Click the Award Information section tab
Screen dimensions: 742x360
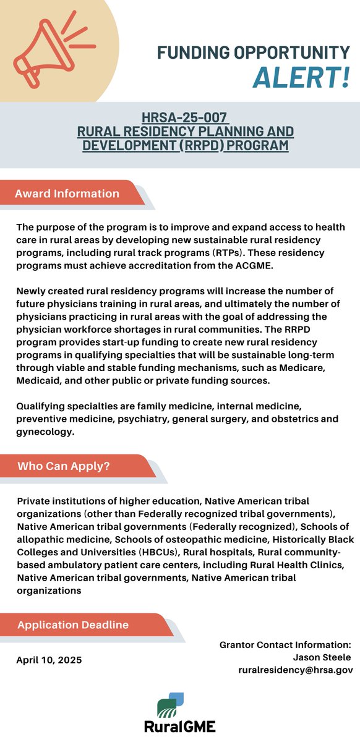[x=69, y=194]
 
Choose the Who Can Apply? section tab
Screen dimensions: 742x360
[x=64, y=466]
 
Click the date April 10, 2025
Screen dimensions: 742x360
[x=49, y=660]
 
